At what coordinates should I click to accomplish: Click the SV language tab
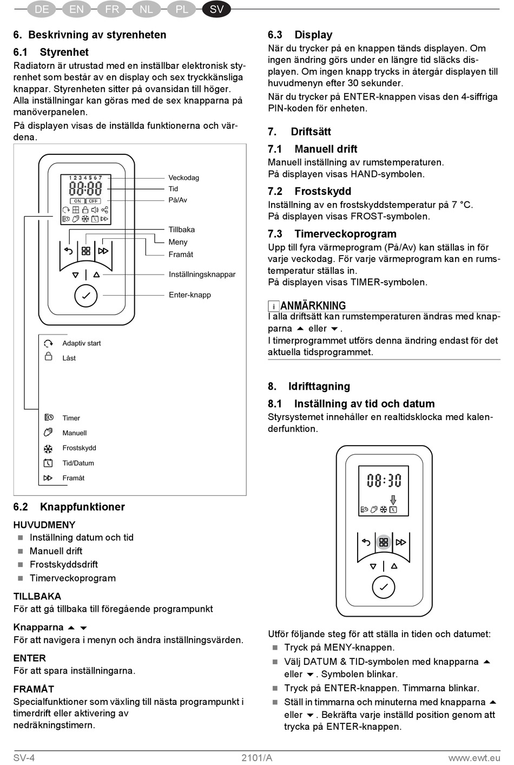pyautogui.click(x=216, y=9)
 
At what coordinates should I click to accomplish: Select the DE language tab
pyautogui.click(x=42, y=9)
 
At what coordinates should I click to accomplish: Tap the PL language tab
pyautogui.click(x=182, y=9)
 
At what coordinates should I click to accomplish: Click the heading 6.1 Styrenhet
pyautogui.click(x=51, y=52)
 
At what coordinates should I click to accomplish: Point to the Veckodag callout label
pyautogui.click(x=183, y=178)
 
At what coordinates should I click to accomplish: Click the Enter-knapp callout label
pyautogui.click(x=189, y=295)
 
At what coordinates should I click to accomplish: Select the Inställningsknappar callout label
pyautogui.click(x=202, y=274)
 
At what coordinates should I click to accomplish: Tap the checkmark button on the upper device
pyautogui.click(x=85, y=296)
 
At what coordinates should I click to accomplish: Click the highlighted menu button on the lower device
pyautogui.click(x=384, y=542)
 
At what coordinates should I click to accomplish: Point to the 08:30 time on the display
pyautogui.click(x=384, y=480)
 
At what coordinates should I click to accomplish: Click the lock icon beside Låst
pyautogui.click(x=49, y=357)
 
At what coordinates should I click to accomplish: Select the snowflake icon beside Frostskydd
pyautogui.click(x=48, y=448)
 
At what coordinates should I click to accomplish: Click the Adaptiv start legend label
pyautogui.click(x=81, y=343)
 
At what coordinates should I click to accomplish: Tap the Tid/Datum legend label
pyautogui.click(x=78, y=463)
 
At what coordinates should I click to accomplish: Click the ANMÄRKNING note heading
pyautogui.click(x=313, y=306)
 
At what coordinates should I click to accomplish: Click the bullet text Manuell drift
pyautogui.click(x=56, y=551)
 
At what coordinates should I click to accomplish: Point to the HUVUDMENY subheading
pyautogui.click(x=44, y=525)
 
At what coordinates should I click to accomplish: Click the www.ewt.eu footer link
pyautogui.click(x=474, y=757)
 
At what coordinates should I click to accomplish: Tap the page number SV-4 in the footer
pyautogui.click(x=24, y=757)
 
